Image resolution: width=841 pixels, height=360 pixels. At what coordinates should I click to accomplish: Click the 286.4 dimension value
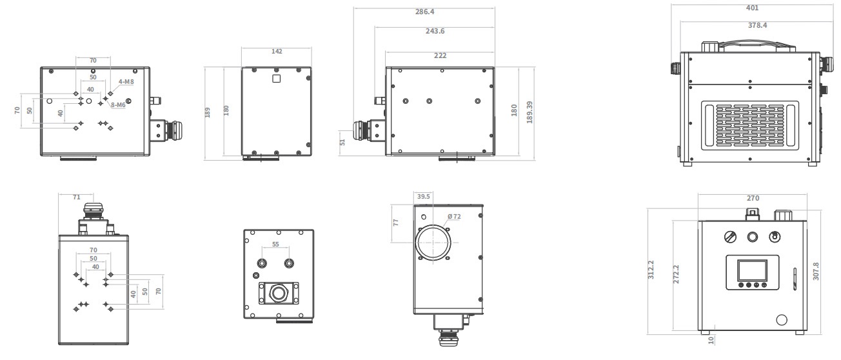click(x=424, y=12)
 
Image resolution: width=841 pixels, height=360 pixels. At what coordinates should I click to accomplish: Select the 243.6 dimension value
click(x=435, y=31)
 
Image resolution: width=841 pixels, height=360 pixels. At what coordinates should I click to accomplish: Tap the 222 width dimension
click(x=440, y=55)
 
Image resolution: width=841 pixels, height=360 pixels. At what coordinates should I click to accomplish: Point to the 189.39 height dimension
click(x=529, y=112)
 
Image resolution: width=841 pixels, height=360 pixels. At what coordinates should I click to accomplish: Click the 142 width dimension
click(x=277, y=52)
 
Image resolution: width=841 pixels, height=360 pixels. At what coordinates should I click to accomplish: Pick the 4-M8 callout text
click(x=126, y=81)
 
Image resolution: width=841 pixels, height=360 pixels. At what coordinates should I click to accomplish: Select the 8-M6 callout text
click(x=118, y=105)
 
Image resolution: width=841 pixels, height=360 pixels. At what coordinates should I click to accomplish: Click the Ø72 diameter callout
click(x=454, y=217)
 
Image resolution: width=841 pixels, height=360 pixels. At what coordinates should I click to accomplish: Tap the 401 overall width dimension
click(x=752, y=8)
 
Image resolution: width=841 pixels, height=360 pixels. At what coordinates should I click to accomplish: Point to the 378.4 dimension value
click(x=757, y=26)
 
